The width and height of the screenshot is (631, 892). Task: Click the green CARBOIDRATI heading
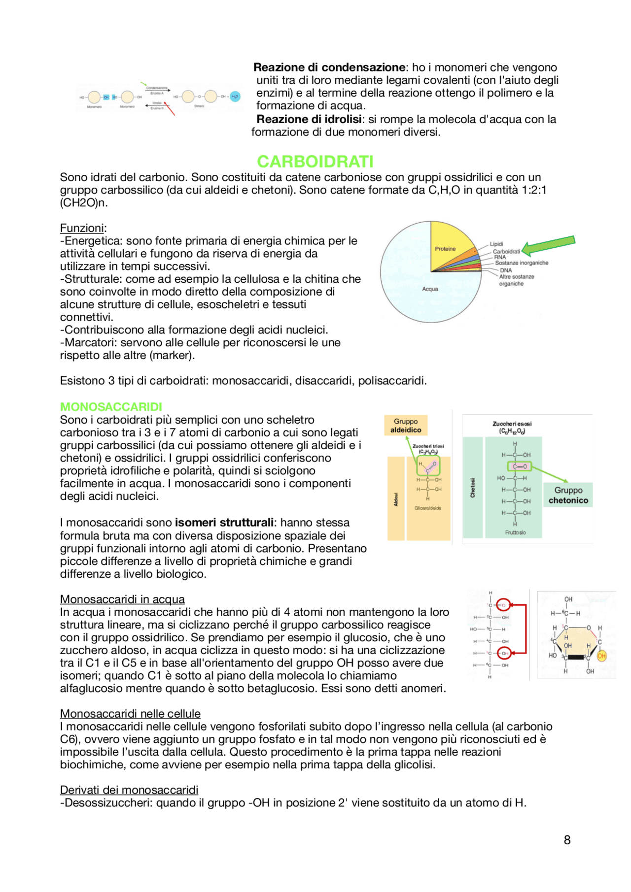tap(315, 162)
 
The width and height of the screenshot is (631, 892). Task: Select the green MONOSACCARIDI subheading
tap(111, 407)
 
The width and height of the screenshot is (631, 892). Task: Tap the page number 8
tap(567, 840)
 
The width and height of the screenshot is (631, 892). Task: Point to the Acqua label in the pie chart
tap(430, 289)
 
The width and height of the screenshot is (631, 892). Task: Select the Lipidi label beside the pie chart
tap(496, 244)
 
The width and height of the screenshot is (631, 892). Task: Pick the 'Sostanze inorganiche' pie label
tap(522, 263)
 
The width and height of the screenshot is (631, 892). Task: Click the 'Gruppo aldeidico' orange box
tap(406, 426)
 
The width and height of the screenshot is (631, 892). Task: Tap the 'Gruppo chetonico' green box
tap(568, 495)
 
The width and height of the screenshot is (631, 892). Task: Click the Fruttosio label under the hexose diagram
tap(515, 532)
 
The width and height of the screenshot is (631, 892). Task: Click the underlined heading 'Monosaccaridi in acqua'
tap(122, 599)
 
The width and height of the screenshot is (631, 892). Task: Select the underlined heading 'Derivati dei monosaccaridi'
tap(129, 790)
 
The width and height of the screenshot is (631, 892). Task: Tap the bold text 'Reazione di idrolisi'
tap(309, 119)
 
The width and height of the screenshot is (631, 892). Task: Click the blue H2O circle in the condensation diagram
tap(235, 97)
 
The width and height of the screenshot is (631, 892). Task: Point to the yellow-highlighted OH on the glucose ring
tap(601, 656)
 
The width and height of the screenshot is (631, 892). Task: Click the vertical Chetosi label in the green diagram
tap(472, 488)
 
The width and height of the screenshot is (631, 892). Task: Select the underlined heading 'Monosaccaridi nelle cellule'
tap(130, 714)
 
